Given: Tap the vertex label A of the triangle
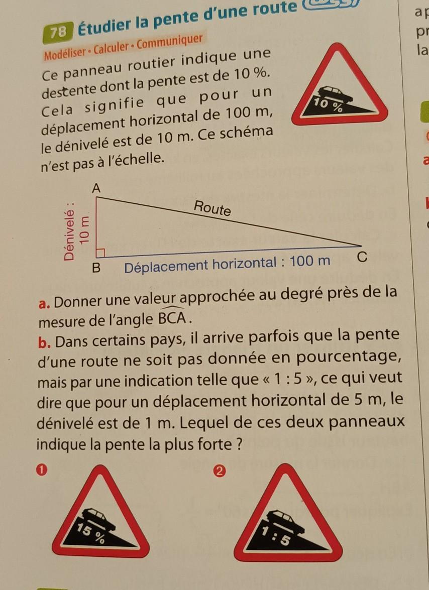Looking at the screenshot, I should coord(97,189).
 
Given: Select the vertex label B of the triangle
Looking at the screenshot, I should coord(97,268).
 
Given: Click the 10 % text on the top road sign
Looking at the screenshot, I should coord(327,105).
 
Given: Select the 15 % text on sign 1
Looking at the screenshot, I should coord(91,533).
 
